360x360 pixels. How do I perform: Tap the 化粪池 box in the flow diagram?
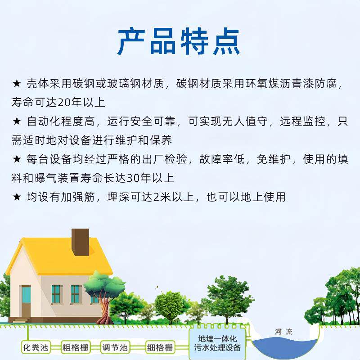click(x=35, y=347)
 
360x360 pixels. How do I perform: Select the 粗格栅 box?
click(x=75, y=347)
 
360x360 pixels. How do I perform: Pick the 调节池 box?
click(x=114, y=347)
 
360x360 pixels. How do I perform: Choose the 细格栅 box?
click(x=159, y=347)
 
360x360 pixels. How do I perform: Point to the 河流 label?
click(x=283, y=332)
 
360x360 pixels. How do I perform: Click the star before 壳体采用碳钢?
click(x=17, y=84)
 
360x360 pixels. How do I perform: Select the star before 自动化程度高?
click(x=17, y=121)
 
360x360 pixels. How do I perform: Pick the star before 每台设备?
click(x=17, y=159)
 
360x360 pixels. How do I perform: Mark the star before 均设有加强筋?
click(x=17, y=197)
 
